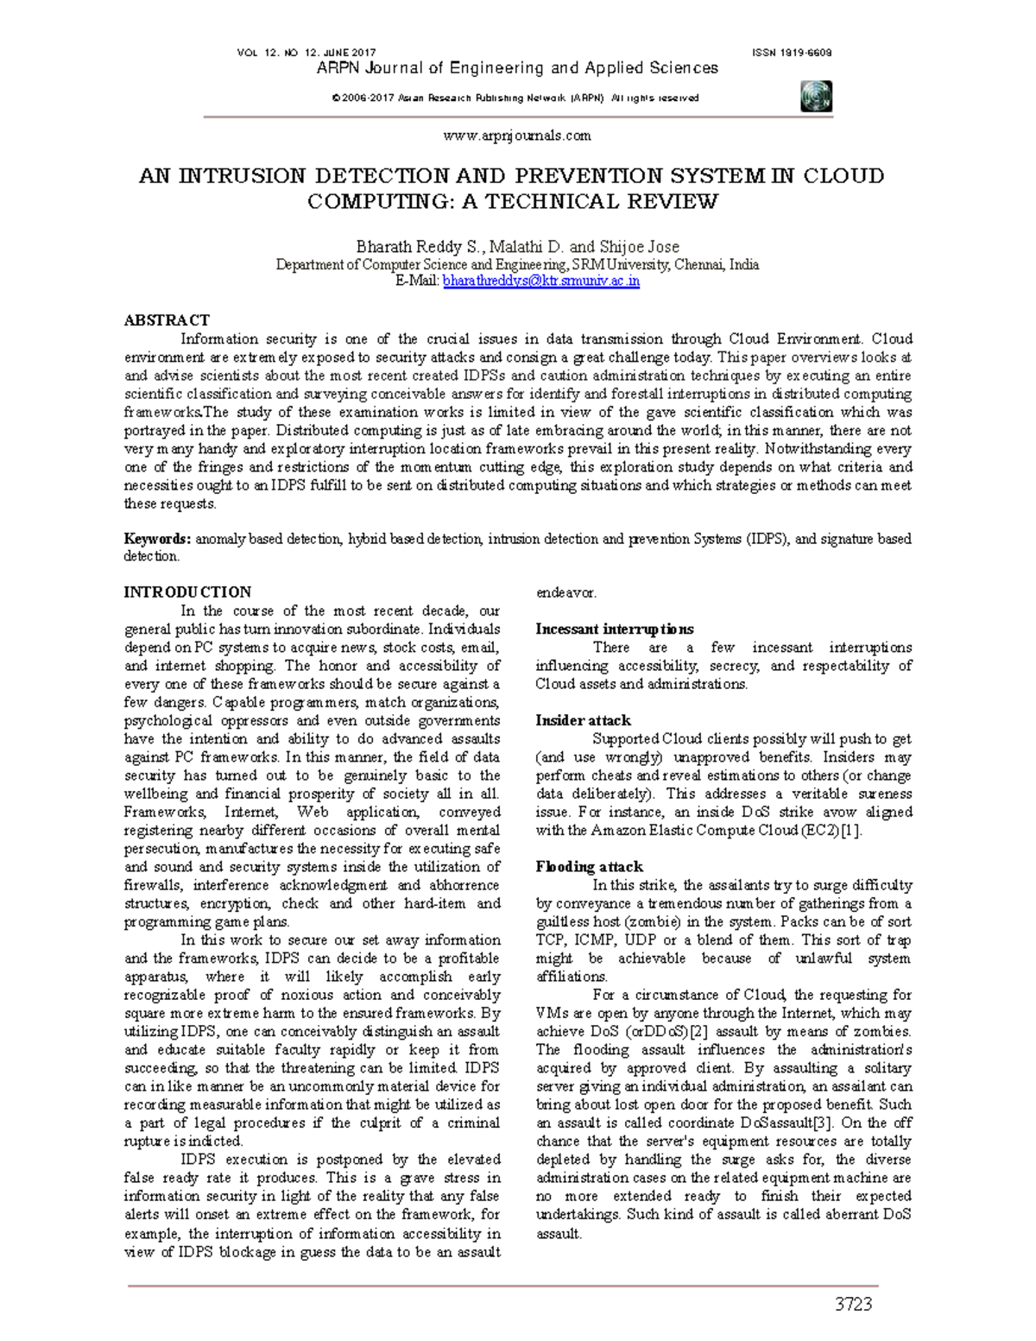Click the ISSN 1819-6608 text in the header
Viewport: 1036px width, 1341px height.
(792, 53)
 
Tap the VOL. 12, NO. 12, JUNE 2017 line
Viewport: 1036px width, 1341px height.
(306, 53)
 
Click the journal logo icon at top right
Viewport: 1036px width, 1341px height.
(815, 96)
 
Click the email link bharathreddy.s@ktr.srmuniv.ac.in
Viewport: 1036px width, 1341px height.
(541, 281)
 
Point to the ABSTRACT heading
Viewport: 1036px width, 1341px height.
(167, 320)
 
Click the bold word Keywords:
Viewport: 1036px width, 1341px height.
(157, 539)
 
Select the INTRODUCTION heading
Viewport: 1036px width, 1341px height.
(187, 592)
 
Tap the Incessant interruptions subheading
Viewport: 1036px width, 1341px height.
(614, 629)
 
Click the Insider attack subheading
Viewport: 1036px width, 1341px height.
(583, 720)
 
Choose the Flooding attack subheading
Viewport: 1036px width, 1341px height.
(589, 866)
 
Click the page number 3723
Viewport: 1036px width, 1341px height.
(853, 1304)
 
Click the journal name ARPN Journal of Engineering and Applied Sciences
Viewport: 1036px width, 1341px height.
(517, 68)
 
